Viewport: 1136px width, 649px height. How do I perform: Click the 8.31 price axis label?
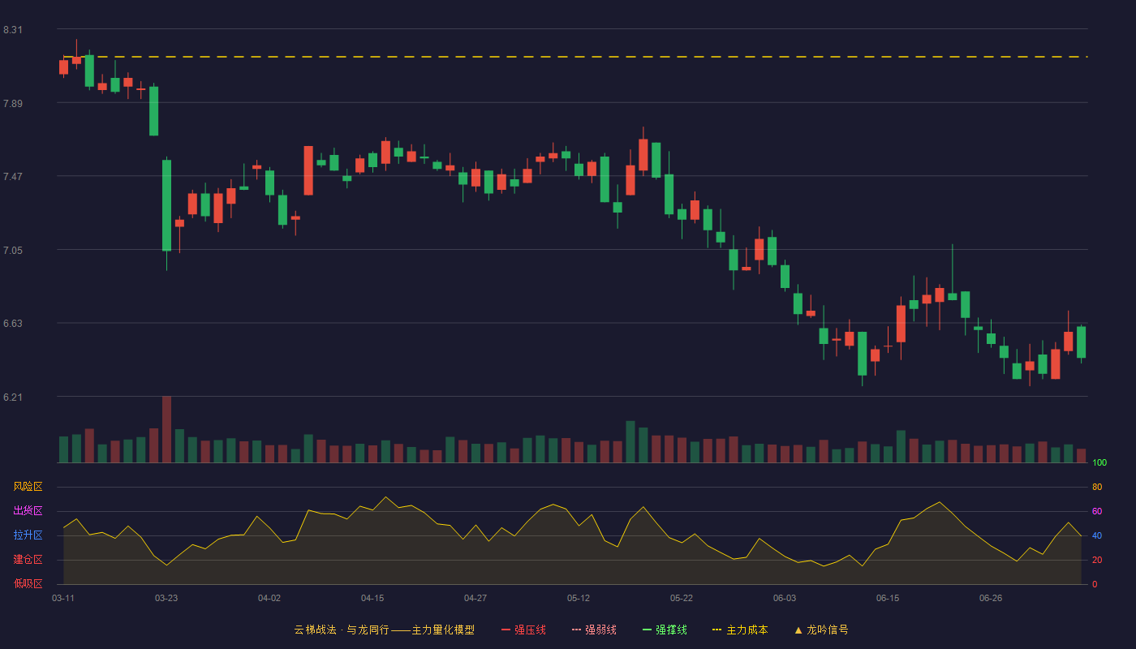[x=13, y=30]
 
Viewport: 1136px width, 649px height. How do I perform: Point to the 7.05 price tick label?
[x=13, y=251]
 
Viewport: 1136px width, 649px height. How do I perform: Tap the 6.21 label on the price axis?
[x=13, y=397]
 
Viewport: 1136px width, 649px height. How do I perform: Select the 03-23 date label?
[x=166, y=599]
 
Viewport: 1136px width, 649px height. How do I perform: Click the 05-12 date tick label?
[x=579, y=599]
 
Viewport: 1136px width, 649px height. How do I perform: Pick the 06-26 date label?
[x=991, y=599]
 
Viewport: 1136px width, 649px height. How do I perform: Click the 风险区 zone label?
[x=28, y=487]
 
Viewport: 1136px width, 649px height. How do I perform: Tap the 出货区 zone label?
[x=28, y=510]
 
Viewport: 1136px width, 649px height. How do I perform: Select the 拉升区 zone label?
[x=28, y=535]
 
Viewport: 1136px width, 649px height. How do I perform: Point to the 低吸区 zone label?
[x=28, y=583]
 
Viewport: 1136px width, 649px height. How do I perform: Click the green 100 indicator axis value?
[x=1099, y=462]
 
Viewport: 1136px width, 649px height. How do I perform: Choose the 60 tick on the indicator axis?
[x=1097, y=511]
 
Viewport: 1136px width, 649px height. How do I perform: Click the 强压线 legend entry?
[x=523, y=630]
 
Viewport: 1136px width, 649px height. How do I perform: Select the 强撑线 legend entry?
[x=665, y=630]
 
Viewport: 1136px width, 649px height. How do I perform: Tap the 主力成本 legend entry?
[x=740, y=630]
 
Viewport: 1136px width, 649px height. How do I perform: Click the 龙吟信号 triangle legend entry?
[x=821, y=630]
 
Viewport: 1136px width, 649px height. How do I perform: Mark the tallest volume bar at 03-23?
[x=166, y=429]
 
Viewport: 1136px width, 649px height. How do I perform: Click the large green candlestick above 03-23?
[x=166, y=205]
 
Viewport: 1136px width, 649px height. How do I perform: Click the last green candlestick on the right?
[x=1081, y=342]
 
